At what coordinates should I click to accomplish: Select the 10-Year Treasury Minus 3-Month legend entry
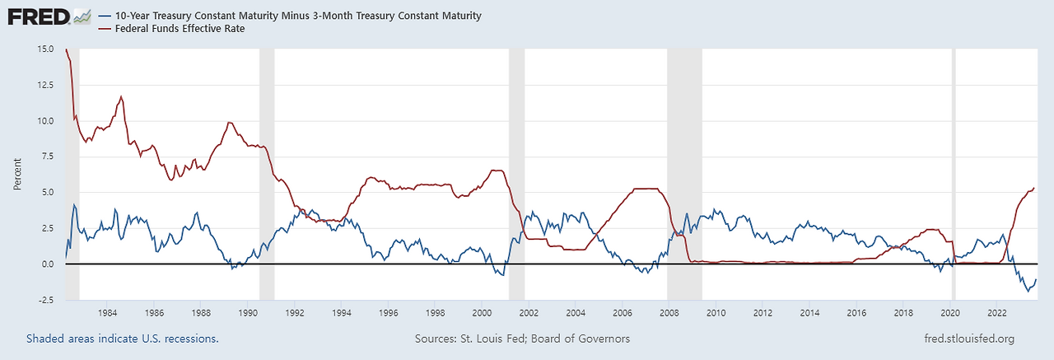coord(289,16)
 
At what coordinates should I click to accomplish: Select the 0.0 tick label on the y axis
coord(48,264)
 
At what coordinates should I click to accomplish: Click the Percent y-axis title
coord(17,175)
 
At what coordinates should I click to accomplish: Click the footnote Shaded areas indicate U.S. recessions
coord(122,339)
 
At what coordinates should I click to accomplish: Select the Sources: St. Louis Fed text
coord(523,339)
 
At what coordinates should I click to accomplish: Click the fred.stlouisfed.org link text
coord(970,339)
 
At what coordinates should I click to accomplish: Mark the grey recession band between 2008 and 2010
coord(684,165)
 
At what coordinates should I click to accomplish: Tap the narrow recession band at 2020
coord(954,165)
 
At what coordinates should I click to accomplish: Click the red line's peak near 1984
coord(122,96)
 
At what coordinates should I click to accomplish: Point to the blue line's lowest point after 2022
coord(1027,291)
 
